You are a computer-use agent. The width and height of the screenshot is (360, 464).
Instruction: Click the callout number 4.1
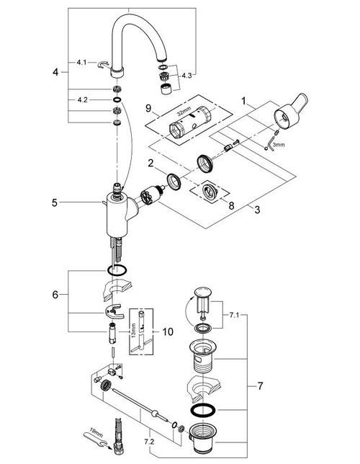point(81,63)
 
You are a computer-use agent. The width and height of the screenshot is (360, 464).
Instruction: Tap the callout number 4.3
point(186,74)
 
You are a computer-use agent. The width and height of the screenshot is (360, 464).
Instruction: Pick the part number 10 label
point(168,331)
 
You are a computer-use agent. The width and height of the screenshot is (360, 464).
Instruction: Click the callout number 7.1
point(235,315)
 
